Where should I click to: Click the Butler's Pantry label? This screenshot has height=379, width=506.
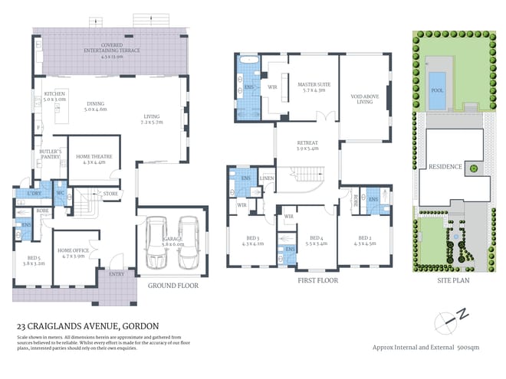click(50, 156)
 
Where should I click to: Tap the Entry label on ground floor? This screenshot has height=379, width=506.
click(117, 274)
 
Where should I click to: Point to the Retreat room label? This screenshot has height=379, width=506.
click(307, 145)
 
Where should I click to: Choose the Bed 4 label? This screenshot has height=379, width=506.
click(317, 240)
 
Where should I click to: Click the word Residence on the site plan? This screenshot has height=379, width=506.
click(445, 167)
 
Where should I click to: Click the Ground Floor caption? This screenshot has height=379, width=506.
click(172, 286)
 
